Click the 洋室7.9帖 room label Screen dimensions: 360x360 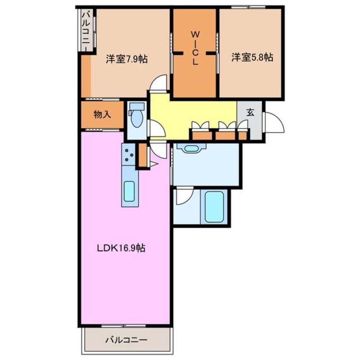tap(126, 59)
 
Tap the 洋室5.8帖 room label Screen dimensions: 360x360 tap(252, 57)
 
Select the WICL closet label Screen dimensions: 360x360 tap(195, 48)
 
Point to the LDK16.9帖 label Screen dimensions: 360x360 tap(121, 248)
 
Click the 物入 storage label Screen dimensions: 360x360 tap(103, 114)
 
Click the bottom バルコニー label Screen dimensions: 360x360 tap(126, 340)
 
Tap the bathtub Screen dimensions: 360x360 tap(214, 207)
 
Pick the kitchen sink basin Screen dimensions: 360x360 tap(129, 191)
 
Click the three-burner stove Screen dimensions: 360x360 tap(128, 155)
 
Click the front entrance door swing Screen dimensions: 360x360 tap(274, 123)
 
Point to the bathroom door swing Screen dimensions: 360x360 tap(184, 195)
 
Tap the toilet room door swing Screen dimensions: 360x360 tap(157, 129)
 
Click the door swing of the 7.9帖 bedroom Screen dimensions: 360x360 tap(158, 83)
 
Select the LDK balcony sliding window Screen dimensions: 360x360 tap(123, 326)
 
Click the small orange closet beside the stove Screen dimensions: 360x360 tap(143, 155)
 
